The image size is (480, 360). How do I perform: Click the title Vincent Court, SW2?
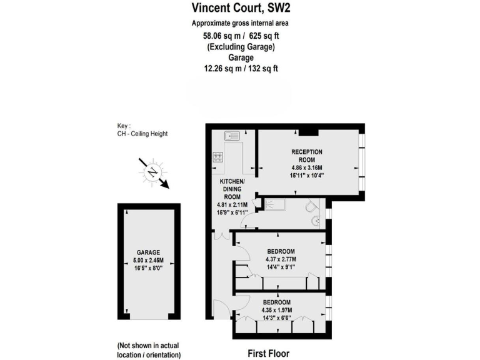239,8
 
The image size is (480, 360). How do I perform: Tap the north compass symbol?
152,171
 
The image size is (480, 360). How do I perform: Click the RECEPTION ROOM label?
306,156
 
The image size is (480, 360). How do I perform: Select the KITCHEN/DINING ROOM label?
232,189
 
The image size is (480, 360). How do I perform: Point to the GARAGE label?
149,252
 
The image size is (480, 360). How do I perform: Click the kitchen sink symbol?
232,135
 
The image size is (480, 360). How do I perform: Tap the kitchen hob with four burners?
219,157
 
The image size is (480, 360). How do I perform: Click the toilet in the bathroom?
312,206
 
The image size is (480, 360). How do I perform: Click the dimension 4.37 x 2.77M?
281,259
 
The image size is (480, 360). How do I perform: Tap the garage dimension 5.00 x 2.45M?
149,261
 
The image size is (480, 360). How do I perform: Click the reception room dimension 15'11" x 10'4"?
306,176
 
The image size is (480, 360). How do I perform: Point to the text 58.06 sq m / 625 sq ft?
239,36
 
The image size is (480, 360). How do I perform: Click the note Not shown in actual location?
149,350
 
